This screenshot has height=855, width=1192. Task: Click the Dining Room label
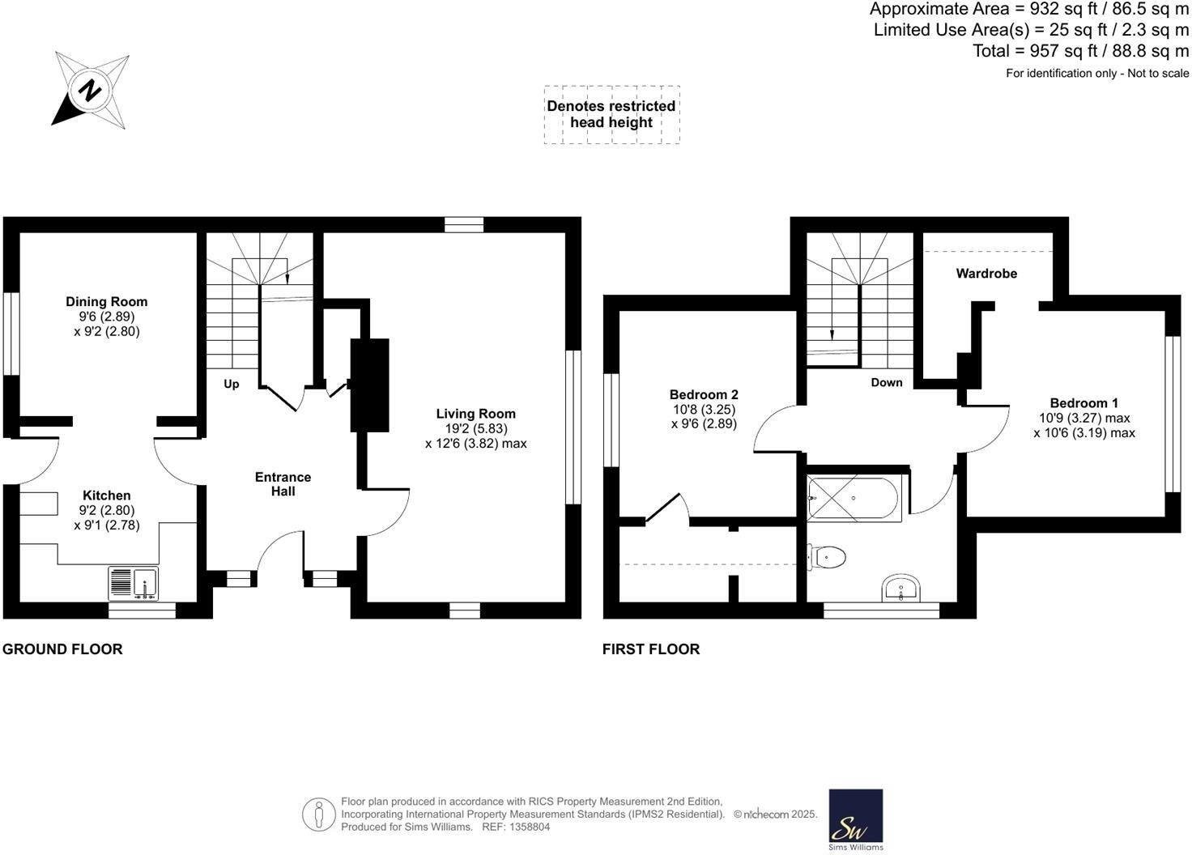tap(106, 302)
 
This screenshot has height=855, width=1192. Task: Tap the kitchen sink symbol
tap(134, 583)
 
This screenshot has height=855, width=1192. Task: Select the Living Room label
tap(475, 414)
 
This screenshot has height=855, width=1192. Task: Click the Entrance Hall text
tap(283, 484)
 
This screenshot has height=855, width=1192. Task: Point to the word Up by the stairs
tap(232, 384)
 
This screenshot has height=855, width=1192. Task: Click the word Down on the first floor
tap(886, 382)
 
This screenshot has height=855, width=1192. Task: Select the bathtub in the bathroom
tap(854, 500)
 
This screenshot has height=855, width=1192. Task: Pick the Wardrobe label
tap(986, 274)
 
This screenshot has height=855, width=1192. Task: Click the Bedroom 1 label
tap(1083, 403)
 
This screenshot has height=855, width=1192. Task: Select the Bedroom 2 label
tap(704, 395)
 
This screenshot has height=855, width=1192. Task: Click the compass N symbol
tap(90, 90)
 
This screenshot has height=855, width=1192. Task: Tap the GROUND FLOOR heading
tap(62, 649)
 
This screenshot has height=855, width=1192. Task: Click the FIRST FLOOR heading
tap(651, 649)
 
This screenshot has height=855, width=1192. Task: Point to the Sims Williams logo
tap(856, 819)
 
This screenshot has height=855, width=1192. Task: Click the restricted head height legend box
tap(611, 115)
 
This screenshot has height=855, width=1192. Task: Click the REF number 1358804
tap(527, 827)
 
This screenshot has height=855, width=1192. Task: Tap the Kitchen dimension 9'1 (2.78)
tap(107, 525)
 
